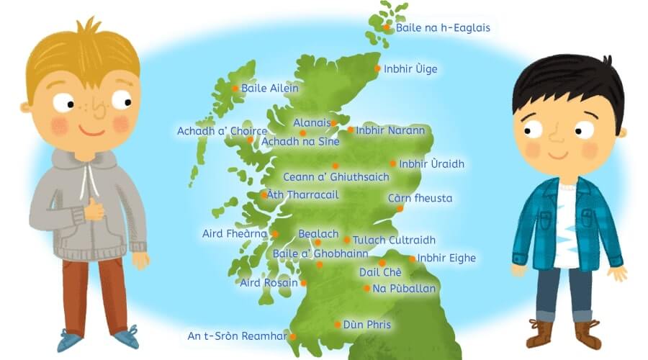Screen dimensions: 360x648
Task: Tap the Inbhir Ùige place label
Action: [410, 69]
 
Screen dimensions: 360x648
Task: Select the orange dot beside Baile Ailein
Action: [235, 89]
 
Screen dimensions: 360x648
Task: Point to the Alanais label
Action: [311, 123]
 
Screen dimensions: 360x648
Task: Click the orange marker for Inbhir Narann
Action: [351, 130]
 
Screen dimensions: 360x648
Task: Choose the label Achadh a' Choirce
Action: [222, 131]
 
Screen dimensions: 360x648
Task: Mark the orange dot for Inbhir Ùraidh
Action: [393, 163]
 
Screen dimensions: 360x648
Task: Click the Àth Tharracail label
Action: [302, 194]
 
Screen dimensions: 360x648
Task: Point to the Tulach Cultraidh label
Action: [394, 240]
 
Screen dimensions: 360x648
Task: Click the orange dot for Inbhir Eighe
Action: [413, 258]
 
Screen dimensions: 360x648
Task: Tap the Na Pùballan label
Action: [404, 289]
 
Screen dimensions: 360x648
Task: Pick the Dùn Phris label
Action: [367, 325]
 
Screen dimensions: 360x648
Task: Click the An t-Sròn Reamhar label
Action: [237, 336]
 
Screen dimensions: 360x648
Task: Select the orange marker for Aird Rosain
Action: [301, 284]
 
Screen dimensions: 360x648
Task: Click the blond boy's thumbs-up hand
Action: [94, 210]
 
